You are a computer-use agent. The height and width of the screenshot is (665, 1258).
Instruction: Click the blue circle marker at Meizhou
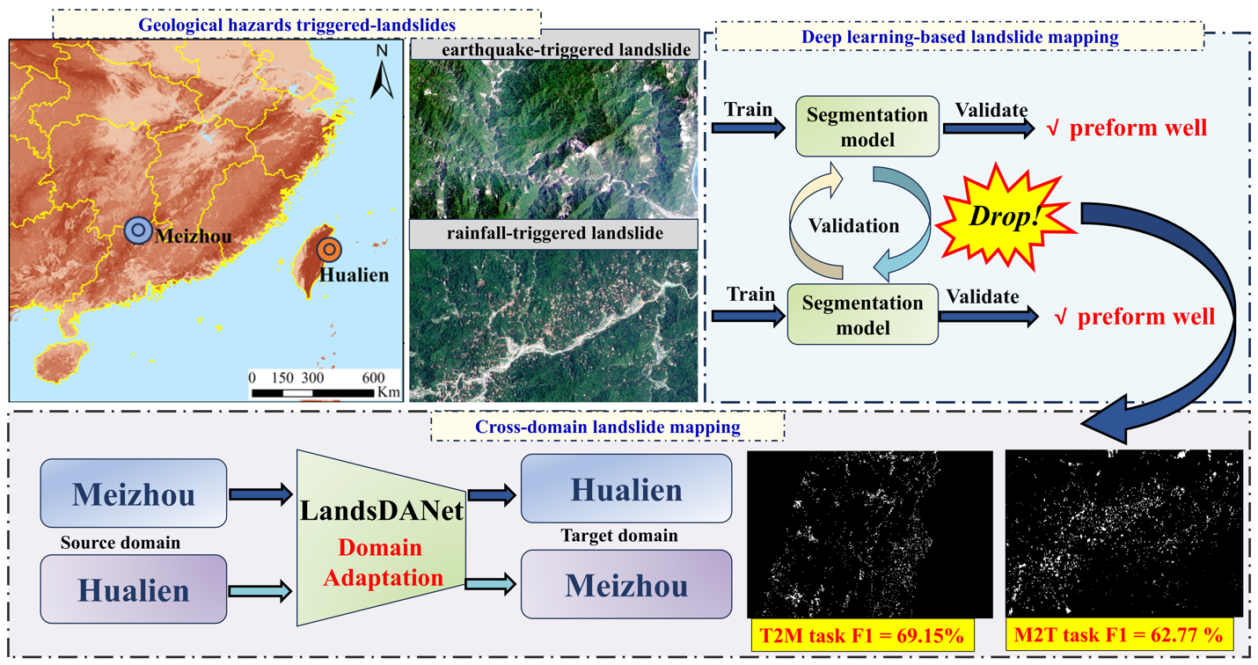(x=137, y=230)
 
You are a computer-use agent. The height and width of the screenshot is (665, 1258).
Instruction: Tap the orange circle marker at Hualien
(x=329, y=249)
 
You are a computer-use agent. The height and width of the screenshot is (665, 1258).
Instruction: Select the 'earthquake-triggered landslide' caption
(x=554, y=49)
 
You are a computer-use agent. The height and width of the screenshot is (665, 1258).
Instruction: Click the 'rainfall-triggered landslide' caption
(x=553, y=235)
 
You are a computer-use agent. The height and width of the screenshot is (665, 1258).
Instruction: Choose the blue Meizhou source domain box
(x=133, y=493)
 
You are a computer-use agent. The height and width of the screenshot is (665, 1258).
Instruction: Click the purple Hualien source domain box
(x=133, y=587)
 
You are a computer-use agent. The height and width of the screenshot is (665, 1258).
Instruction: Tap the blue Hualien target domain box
(x=625, y=488)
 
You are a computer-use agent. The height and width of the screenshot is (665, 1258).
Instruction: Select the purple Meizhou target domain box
(x=625, y=583)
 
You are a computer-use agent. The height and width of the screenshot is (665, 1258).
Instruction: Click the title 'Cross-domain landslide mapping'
(x=607, y=427)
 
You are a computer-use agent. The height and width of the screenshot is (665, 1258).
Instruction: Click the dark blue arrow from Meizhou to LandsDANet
(x=260, y=495)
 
